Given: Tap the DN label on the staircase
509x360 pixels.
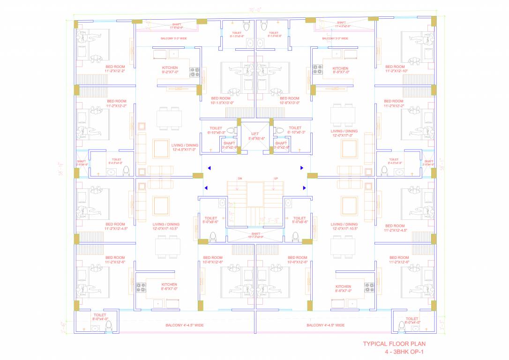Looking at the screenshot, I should point(240,179).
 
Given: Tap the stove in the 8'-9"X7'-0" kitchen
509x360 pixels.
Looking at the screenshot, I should point(318,70).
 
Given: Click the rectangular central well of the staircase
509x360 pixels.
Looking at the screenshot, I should point(255,194).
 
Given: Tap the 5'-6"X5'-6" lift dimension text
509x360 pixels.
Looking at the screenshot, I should point(255,139).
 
